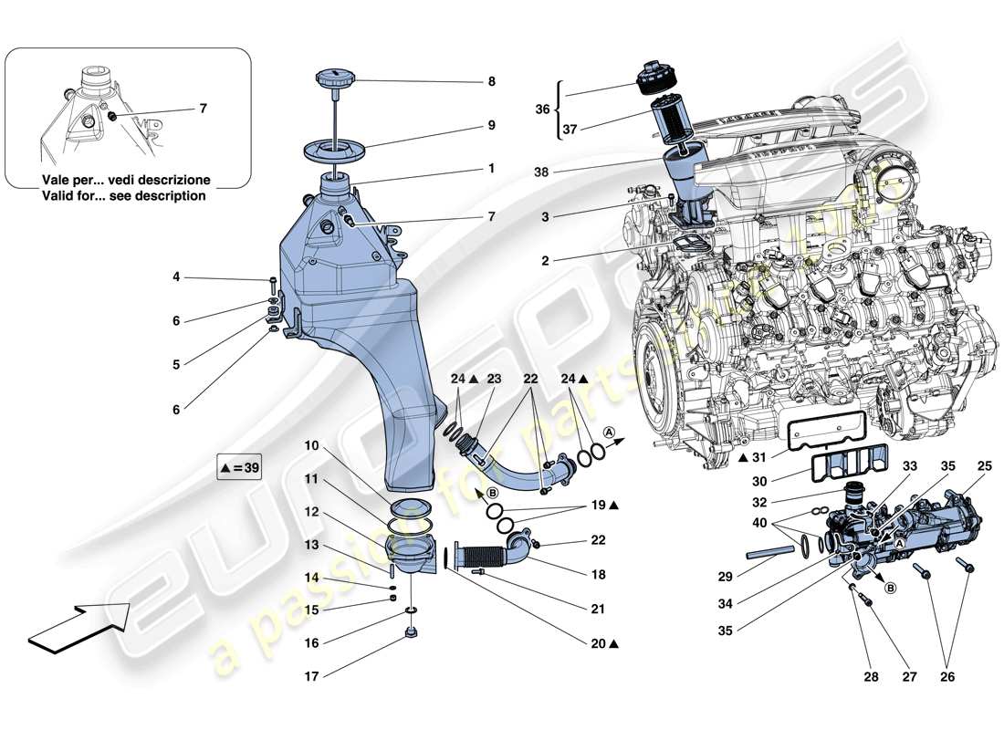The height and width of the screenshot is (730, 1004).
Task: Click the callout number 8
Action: [x=491, y=81]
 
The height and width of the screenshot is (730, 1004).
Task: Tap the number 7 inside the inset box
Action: [x=203, y=109]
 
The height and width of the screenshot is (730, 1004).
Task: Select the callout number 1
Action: [x=491, y=169]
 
